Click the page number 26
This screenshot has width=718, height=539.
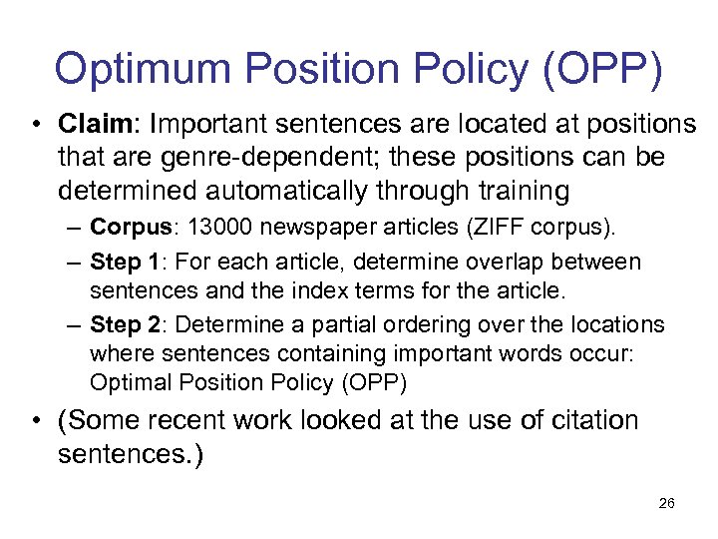(666, 503)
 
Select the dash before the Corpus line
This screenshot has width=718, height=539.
(74, 229)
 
